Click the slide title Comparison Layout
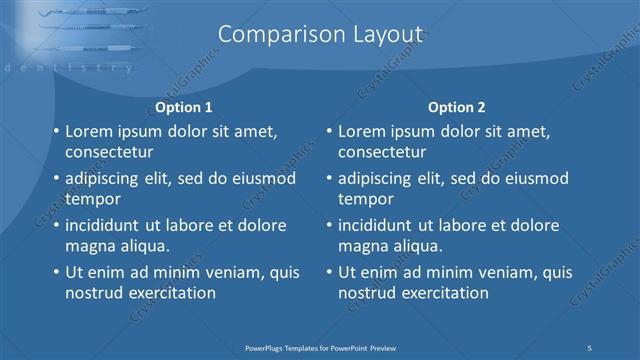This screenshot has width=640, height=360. tap(319, 35)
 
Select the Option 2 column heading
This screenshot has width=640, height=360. tap(457, 107)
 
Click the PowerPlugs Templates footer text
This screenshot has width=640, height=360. tap(320, 347)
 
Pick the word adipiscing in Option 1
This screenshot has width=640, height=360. tap(107, 178)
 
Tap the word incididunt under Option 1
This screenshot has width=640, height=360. tap(107, 225)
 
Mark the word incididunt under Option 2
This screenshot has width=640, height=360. tap(380, 225)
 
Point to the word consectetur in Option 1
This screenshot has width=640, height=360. tap(109, 152)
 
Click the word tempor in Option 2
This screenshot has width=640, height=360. tap(366, 199)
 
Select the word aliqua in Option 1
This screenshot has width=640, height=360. tap(141, 246)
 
